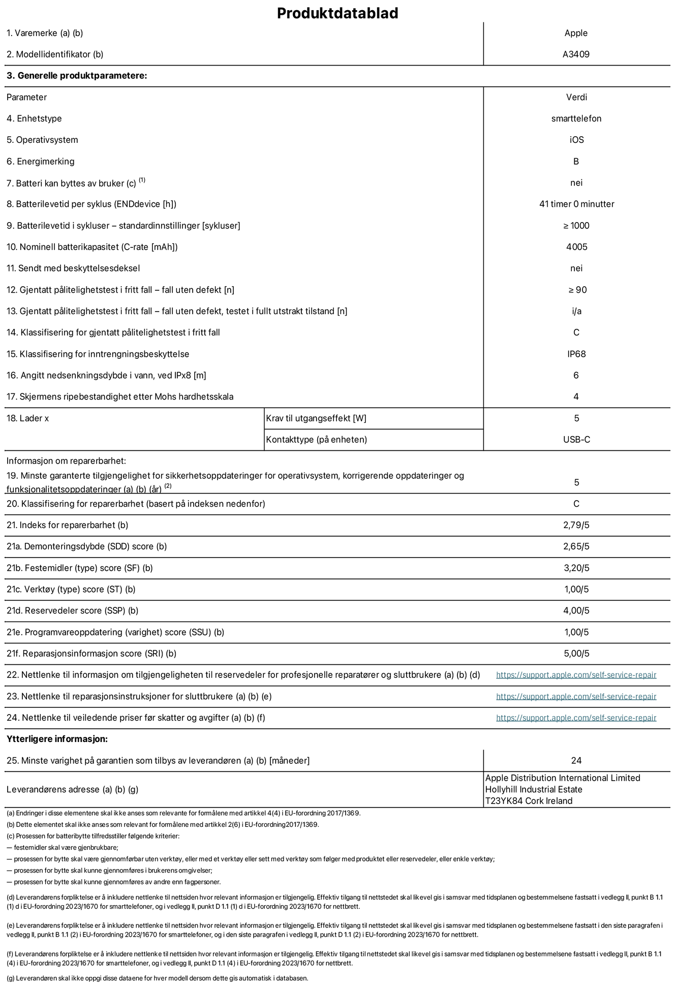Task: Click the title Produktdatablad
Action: coord(337,13)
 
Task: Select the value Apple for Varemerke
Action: coord(576,33)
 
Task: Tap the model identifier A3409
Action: coord(576,54)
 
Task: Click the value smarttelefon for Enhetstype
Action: coord(576,118)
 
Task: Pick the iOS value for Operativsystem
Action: coord(576,140)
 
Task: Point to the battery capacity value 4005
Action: coord(576,247)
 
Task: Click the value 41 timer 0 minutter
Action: coord(576,204)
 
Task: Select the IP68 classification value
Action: coord(576,354)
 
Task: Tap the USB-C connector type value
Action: coord(576,440)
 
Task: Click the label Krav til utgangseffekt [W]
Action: coord(316,418)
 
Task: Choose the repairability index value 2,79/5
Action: coord(576,525)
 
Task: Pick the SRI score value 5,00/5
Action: coord(576,654)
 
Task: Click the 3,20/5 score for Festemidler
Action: coord(576,568)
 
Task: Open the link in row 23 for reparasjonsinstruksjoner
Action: coord(576,696)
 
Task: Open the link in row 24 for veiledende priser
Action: coord(576,718)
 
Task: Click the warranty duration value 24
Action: coord(576,760)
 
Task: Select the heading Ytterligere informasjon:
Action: coord(57,739)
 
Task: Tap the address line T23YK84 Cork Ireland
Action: coord(529,801)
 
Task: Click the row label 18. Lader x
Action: coord(28,418)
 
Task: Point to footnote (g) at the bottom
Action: coord(158,978)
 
